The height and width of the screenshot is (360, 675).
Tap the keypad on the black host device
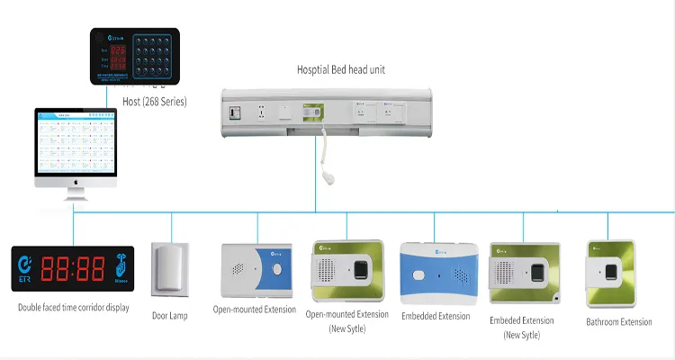tap(153, 56)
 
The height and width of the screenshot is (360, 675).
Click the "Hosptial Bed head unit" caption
tap(341, 69)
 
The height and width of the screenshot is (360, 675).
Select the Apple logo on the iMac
tap(76, 181)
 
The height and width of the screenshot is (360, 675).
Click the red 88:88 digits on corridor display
tap(79, 268)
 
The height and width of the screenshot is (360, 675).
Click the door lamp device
tap(169, 269)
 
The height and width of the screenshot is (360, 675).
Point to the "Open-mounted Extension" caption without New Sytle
tap(253, 310)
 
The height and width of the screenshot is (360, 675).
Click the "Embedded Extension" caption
tap(436, 316)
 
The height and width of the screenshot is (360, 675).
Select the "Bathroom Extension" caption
tap(618, 321)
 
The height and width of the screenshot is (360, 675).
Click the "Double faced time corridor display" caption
tap(73, 308)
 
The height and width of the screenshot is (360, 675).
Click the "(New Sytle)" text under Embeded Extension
tap(522, 335)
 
